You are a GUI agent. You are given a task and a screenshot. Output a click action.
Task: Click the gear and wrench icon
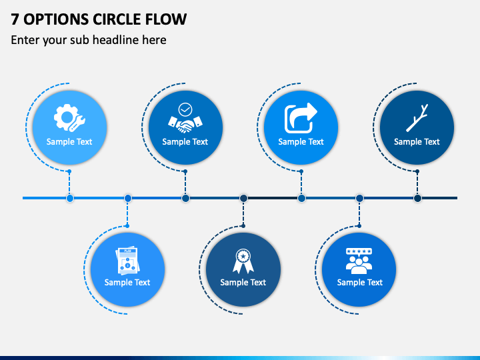tap(69, 118)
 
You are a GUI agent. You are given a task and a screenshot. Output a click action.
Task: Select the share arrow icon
tap(301, 118)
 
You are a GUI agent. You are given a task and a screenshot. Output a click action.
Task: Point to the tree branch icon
tap(417, 118)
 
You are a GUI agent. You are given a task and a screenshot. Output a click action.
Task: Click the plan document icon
tap(127, 260)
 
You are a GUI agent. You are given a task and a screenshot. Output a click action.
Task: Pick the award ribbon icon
tap(243, 261)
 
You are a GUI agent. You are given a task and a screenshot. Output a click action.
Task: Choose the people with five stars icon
tap(359, 261)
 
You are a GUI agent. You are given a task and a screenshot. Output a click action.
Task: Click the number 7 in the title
tap(15, 19)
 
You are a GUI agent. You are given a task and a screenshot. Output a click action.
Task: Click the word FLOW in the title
tap(165, 19)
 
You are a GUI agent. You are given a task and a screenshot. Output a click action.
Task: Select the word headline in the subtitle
tap(116, 40)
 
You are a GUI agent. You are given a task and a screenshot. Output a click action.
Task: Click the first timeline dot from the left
tap(70, 198)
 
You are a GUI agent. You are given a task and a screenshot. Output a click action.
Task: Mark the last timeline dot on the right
tap(417, 198)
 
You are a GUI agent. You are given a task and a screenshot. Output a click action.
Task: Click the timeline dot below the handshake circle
tap(185, 198)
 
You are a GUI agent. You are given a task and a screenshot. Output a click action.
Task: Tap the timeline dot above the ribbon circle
tap(243, 198)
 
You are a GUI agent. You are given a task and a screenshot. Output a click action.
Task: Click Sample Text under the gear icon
tap(69, 142)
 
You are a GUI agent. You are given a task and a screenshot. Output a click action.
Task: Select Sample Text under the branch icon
tap(417, 142)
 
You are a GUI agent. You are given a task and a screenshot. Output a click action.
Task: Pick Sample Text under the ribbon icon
tap(243, 282)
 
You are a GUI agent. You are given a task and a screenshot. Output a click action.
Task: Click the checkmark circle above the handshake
tap(185, 109)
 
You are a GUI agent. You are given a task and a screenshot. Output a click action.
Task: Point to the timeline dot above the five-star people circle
tap(360, 198)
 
